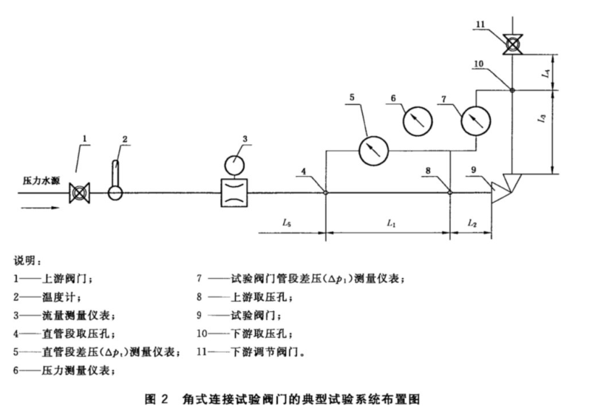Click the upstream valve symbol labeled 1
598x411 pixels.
click(78, 194)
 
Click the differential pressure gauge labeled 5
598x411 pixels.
click(373, 151)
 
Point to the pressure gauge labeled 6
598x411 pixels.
click(418, 119)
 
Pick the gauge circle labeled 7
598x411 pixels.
click(475, 120)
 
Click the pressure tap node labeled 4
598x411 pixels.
click(326, 194)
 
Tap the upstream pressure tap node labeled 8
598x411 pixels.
click(450, 194)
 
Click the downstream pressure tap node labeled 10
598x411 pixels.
click(512, 90)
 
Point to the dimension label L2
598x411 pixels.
click(472, 222)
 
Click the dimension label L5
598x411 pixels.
click(287, 222)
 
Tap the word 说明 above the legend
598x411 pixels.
click(27, 262)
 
